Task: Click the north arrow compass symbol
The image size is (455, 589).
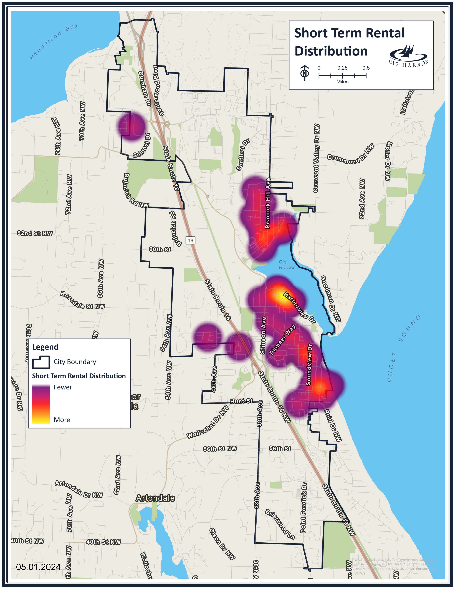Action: pyautogui.click(x=305, y=73)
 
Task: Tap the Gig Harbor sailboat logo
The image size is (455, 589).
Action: pyautogui.click(x=408, y=55)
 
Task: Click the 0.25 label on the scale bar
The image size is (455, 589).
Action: pyautogui.click(x=342, y=68)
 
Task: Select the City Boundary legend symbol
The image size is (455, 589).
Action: pyautogui.click(x=41, y=362)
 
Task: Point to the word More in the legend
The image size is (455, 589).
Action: pyautogui.click(x=62, y=420)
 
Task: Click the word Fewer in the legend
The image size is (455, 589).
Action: pyautogui.click(x=63, y=387)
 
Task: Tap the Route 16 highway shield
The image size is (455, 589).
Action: pyautogui.click(x=190, y=240)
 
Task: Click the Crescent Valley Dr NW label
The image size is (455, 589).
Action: pyautogui.click(x=317, y=158)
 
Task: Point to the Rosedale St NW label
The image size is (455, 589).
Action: pyautogui.click(x=82, y=300)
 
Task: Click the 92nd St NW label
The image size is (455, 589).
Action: pyautogui.click(x=35, y=233)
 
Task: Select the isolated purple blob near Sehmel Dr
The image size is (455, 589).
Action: pyautogui.click(x=131, y=126)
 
